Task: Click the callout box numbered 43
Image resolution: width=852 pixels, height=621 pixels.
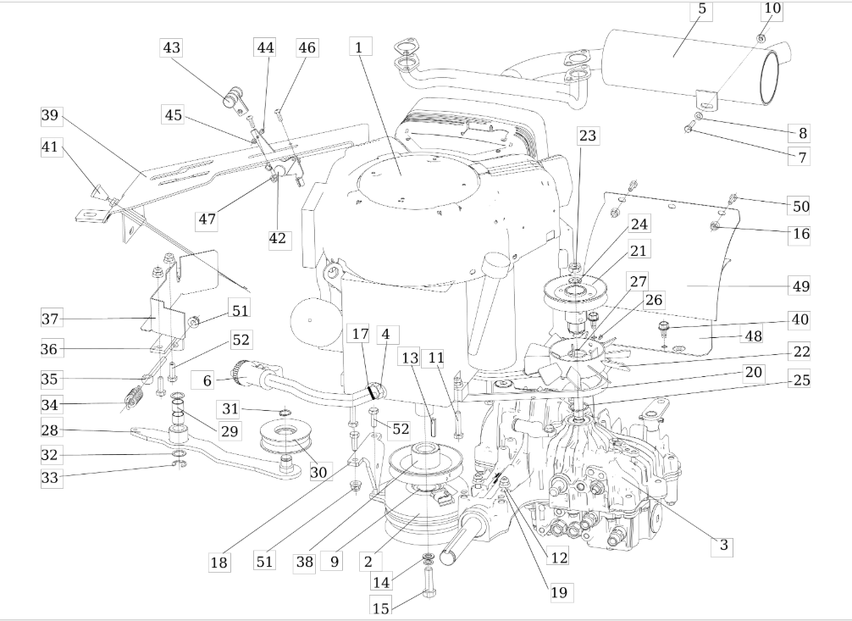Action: [x=171, y=47]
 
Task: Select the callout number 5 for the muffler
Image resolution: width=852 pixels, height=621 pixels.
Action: [x=702, y=11]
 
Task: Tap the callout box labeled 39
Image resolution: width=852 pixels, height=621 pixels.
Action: [x=50, y=116]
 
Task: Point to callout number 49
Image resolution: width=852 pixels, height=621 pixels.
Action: [x=800, y=286]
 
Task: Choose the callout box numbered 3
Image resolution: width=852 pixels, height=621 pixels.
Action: [x=722, y=545]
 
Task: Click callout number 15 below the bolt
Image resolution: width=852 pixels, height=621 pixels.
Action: [x=381, y=607]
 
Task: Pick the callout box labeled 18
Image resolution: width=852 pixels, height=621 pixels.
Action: [x=219, y=563]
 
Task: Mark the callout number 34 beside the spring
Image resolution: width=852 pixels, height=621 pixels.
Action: [x=49, y=405]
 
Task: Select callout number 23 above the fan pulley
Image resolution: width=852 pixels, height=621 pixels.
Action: [x=587, y=136]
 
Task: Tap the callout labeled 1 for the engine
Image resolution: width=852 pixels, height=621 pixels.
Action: [x=360, y=47]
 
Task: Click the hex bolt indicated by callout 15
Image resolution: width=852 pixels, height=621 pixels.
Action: [x=428, y=581]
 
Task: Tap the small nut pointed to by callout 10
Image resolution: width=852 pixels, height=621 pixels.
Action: [x=761, y=38]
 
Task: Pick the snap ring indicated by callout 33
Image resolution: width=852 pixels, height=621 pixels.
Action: [x=179, y=464]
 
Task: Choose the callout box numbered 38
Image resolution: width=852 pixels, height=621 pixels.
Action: [x=304, y=561]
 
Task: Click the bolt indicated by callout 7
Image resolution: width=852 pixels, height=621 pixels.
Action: [x=689, y=128]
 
